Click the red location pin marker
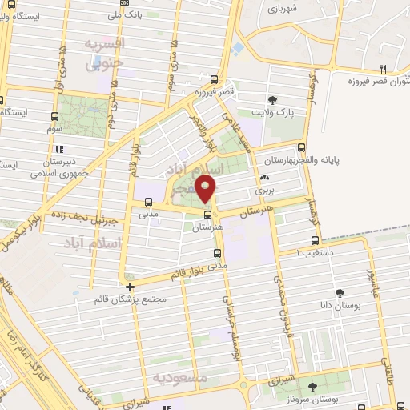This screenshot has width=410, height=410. pos(207,189)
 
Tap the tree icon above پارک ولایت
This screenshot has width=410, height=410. pos(274,100)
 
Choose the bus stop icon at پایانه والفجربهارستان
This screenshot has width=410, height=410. pos(302,147)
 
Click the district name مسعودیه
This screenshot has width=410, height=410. pos(180,377)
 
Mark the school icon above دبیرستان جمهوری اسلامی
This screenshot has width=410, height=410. pos(58,148)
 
